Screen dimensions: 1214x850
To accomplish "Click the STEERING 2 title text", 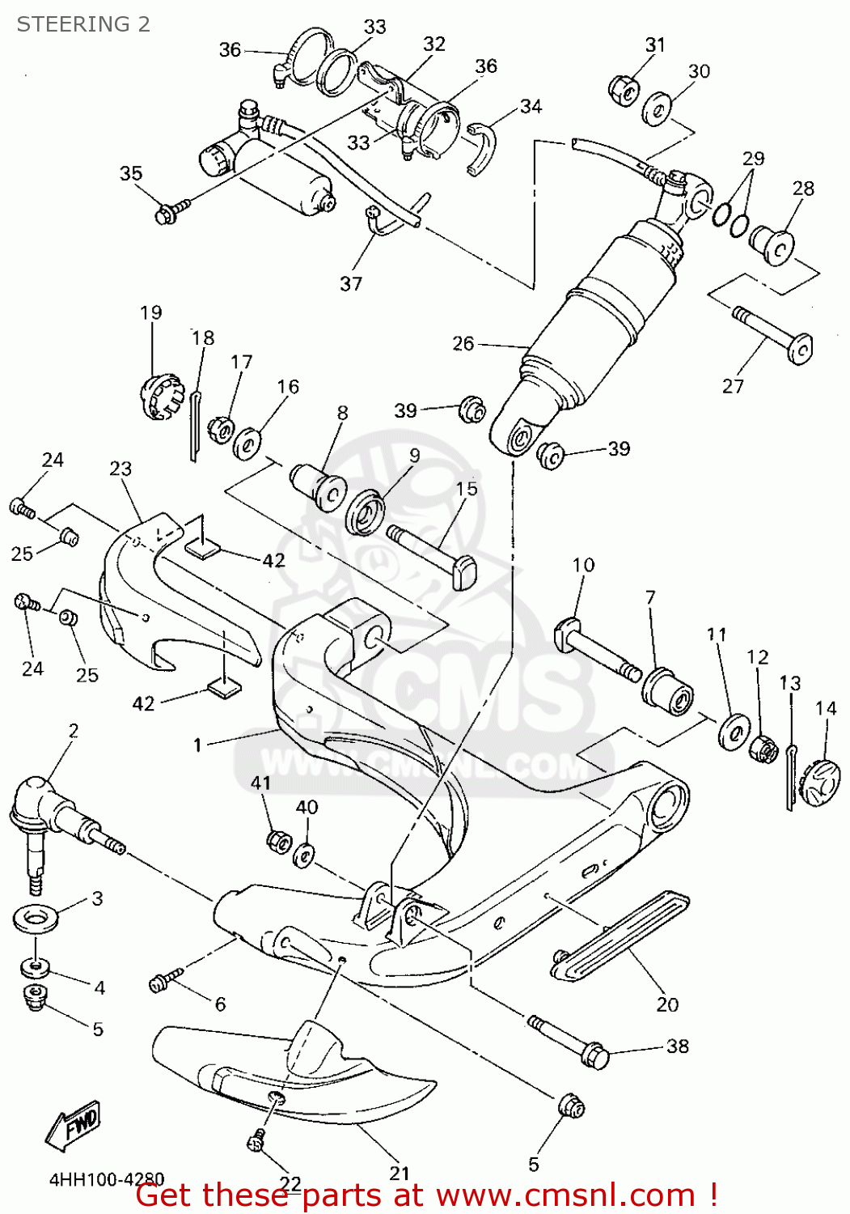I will (83, 24).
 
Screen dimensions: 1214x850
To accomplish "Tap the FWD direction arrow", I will (74, 1125).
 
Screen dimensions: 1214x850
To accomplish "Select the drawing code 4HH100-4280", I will (107, 1179).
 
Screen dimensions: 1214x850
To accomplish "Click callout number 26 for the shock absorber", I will (463, 343).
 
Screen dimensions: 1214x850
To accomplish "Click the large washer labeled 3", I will (35, 919).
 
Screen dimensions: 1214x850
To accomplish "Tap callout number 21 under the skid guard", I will (400, 1172).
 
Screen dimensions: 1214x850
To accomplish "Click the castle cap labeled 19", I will (159, 397).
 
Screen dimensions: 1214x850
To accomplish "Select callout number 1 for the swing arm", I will (197, 744).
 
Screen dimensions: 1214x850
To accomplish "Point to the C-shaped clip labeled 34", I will (480, 148).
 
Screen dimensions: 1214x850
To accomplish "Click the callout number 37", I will (351, 283).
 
